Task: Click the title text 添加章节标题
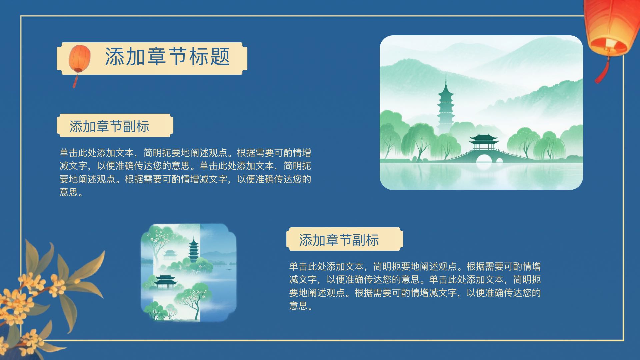167,56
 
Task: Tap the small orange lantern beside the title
80,59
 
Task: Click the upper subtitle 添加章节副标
109,126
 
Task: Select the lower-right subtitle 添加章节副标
339,240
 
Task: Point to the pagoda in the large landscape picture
446,103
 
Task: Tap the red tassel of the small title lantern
76,80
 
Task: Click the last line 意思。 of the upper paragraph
71,192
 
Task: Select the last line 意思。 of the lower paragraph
301,306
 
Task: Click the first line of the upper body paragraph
185,153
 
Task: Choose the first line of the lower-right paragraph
415,267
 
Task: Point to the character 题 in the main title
220,56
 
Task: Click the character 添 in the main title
115,56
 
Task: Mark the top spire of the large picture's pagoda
446,75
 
